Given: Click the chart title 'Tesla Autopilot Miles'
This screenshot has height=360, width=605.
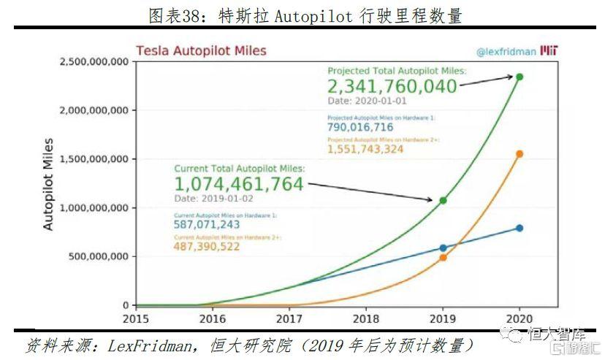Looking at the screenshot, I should (201, 51).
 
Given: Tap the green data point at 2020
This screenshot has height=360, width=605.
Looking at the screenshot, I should (520, 77).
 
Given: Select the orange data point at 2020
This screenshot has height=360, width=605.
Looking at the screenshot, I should (520, 154).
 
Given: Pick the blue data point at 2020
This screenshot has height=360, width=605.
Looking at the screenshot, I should (520, 228).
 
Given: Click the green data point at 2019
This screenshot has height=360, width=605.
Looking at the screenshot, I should (443, 200).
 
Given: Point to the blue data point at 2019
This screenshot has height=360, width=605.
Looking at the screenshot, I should (443, 248).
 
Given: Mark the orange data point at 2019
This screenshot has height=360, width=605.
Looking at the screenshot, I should (443, 257).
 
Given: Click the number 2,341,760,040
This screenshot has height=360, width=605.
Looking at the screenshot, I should (392, 87).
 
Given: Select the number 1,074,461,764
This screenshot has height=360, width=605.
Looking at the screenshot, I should (238, 184).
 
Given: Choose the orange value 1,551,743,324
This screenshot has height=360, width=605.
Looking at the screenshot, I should (365, 149).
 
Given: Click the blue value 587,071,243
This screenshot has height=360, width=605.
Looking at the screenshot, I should (207, 225).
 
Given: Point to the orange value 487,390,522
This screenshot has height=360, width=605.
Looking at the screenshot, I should (207, 248).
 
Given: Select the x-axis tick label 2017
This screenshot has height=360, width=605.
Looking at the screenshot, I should (289, 319).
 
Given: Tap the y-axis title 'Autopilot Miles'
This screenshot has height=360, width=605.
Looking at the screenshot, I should (49, 183).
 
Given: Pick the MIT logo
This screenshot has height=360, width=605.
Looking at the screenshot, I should (549, 52).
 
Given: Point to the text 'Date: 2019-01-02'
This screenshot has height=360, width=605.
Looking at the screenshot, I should (214, 198).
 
